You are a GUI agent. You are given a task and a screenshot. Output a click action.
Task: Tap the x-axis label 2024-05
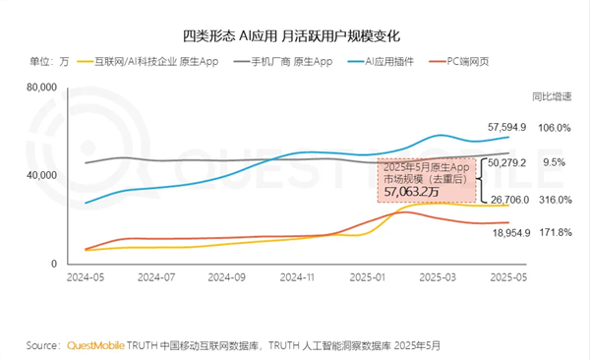pyautogui.click(x=86, y=278)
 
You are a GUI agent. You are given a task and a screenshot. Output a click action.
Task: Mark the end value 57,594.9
pyautogui.click(x=507, y=127)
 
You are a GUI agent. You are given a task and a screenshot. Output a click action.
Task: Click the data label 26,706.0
pyautogui.click(x=509, y=200)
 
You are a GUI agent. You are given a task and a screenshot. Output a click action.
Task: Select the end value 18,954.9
pyautogui.click(x=509, y=232)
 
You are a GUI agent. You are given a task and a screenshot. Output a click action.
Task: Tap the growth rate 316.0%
pyautogui.click(x=557, y=200)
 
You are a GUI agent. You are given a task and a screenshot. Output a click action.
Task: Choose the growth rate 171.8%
pyautogui.click(x=557, y=232)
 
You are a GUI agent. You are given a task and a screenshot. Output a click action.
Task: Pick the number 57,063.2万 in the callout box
pyautogui.click(x=412, y=193)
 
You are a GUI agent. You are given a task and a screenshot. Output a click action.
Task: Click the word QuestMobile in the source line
pyautogui.click(x=100, y=346)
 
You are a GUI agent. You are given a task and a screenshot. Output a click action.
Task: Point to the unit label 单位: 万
pyautogui.click(x=49, y=62)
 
